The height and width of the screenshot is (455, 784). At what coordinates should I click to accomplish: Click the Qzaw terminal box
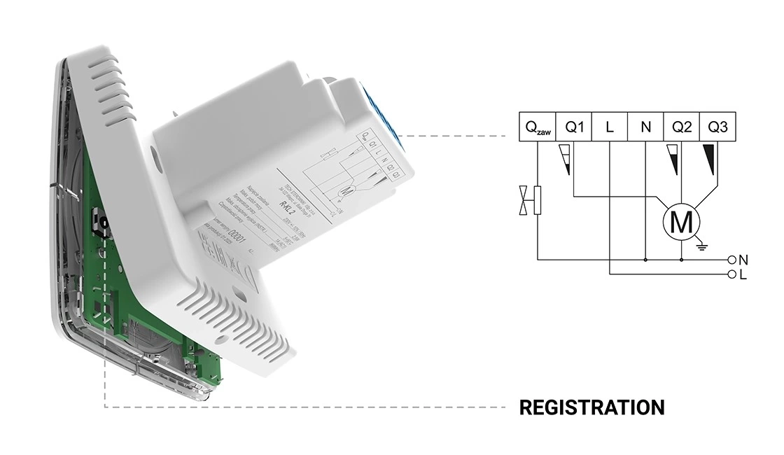(x=537, y=127)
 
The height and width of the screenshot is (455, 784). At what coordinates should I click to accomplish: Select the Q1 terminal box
(x=574, y=127)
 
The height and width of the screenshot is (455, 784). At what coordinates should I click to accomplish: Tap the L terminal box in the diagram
(x=610, y=127)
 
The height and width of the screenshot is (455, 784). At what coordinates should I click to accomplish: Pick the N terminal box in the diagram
(x=645, y=127)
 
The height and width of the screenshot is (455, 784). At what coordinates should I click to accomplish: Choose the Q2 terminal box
(x=682, y=127)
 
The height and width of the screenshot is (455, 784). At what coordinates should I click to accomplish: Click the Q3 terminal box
(x=717, y=127)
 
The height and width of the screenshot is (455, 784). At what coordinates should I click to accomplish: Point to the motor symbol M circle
(x=681, y=222)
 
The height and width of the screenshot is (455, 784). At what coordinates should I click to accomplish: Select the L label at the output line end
(x=743, y=275)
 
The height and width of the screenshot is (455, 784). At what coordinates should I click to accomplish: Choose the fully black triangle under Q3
(x=709, y=160)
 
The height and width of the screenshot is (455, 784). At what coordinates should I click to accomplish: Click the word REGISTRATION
(x=591, y=407)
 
